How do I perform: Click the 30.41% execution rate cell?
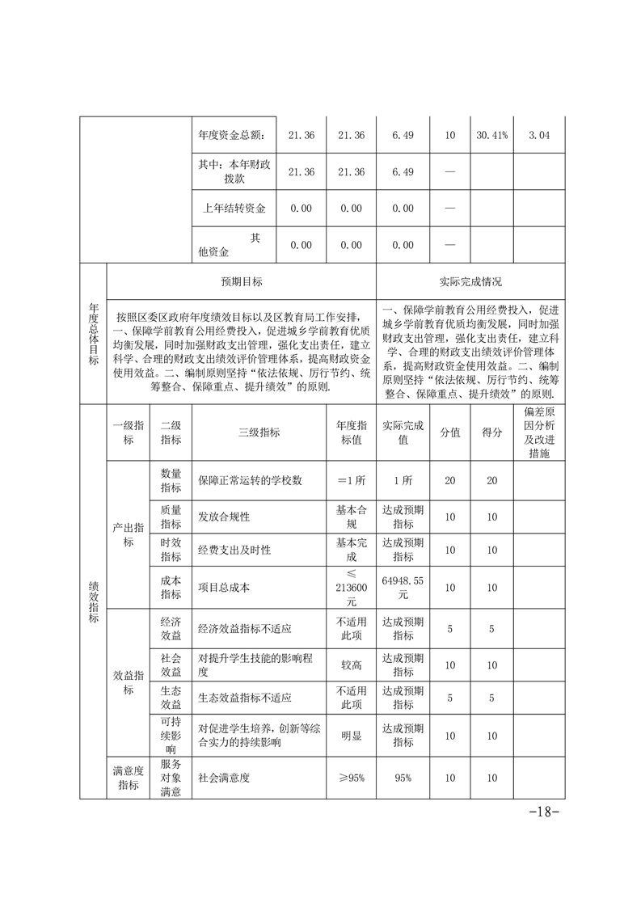click(x=491, y=136)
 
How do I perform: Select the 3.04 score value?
click(x=538, y=136)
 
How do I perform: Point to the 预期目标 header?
click(x=242, y=282)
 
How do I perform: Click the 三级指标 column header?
click(x=259, y=432)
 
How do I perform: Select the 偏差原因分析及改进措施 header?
click(x=538, y=432)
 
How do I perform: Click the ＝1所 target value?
click(x=352, y=480)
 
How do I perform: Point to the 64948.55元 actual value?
click(x=403, y=588)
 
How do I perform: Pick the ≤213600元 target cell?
click(x=352, y=588)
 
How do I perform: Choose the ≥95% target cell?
click(x=352, y=778)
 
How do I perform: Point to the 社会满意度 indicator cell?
click(x=224, y=778)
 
